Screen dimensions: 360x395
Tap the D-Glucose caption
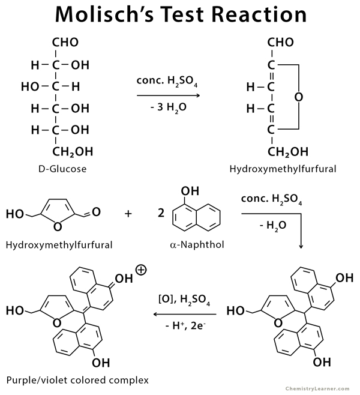pyautogui.click(x=62, y=169)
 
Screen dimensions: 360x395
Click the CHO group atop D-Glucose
pyautogui.click(x=65, y=42)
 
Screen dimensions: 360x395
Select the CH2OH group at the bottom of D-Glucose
pyautogui.click(x=73, y=152)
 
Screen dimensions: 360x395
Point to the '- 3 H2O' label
pyautogui.click(x=169, y=107)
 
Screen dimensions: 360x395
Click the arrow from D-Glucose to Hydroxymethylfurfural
pyautogui.click(x=169, y=95)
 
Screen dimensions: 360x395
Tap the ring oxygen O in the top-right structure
pyautogui.click(x=299, y=97)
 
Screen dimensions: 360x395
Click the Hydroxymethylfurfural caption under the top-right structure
pyautogui.click(x=283, y=169)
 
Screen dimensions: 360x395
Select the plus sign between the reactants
pyautogui.click(x=128, y=214)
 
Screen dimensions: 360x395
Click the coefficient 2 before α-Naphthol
pyautogui.click(x=161, y=213)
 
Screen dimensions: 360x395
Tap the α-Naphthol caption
pyautogui.click(x=197, y=244)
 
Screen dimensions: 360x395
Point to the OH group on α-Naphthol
pyautogui.click(x=190, y=191)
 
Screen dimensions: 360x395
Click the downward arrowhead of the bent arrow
pyautogui.click(x=301, y=247)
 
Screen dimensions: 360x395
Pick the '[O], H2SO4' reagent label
pyautogui.click(x=184, y=300)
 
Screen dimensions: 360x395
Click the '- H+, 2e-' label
pyautogui.click(x=185, y=325)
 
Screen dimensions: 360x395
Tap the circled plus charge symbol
pyautogui.click(x=141, y=270)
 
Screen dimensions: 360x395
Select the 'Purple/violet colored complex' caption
pyautogui.click(x=77, y=380)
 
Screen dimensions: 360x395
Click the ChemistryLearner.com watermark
pyautogui.click(x=317, y=389)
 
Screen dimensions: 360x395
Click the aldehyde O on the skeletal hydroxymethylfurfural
pyautogui.click(x=96, y=212)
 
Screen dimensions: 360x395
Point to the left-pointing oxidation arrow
pyautogui.click(x=185, y=314)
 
